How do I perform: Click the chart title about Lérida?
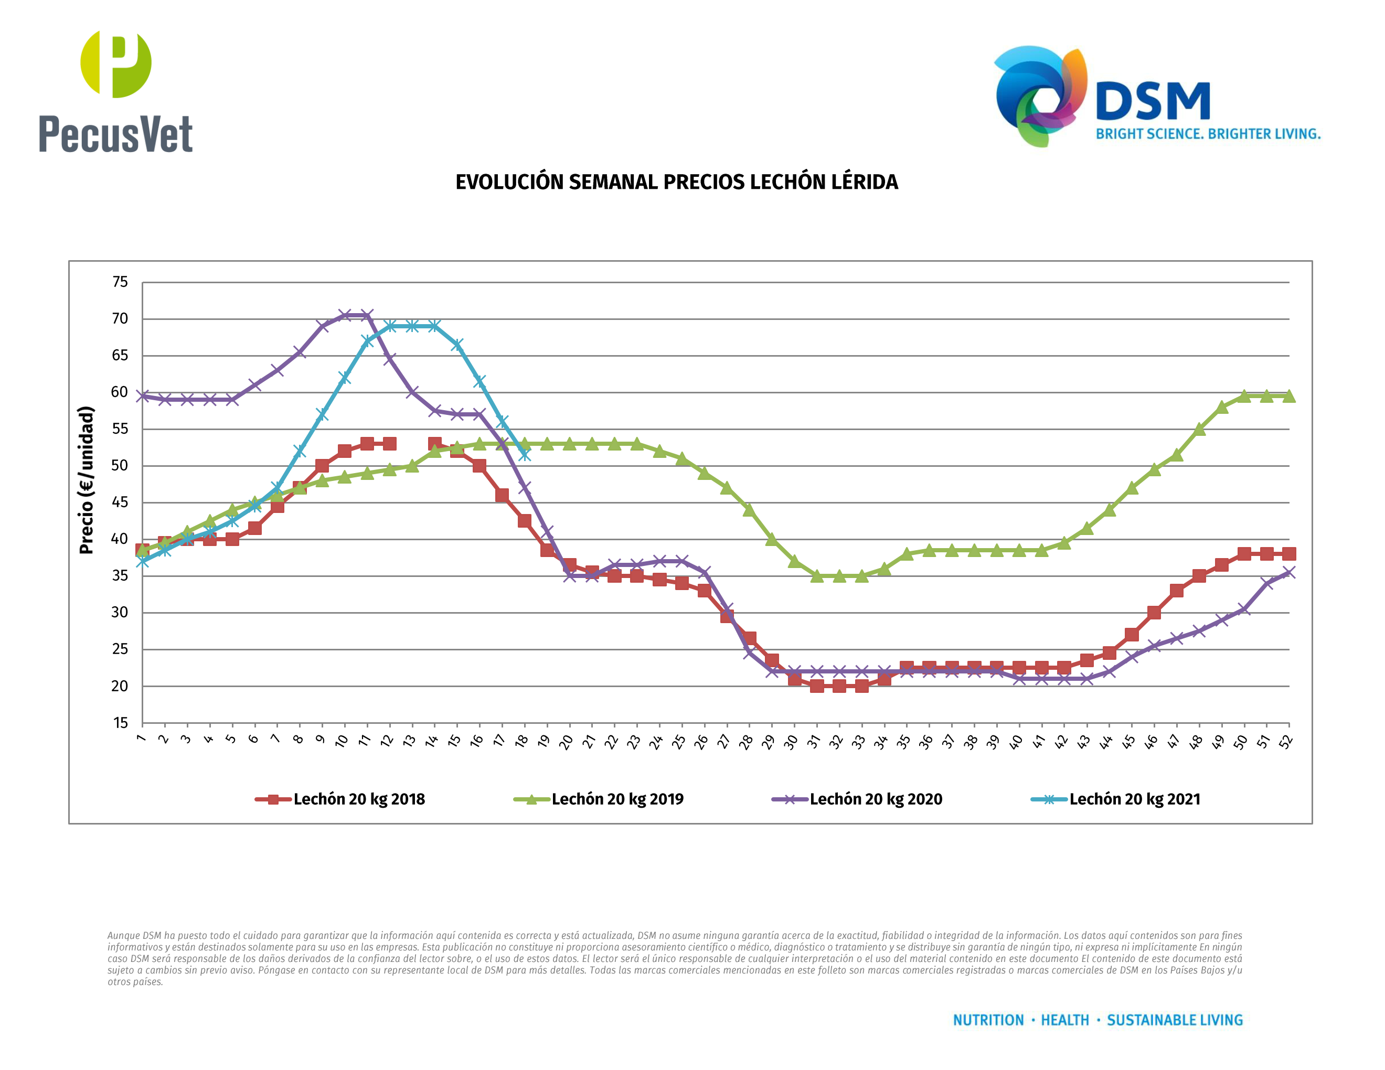677,182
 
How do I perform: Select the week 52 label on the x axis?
1286,742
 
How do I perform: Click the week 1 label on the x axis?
141,739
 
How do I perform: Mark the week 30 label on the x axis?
791,742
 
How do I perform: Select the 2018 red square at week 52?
1288,553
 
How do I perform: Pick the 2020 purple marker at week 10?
344,315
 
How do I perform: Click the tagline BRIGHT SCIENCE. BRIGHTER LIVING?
1208,134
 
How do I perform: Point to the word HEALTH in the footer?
1065,1020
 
